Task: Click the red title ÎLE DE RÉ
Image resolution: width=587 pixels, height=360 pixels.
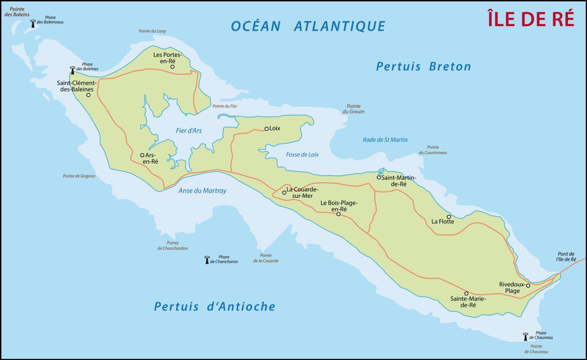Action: (531, 19)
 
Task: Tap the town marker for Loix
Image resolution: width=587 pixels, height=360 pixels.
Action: (267, 129)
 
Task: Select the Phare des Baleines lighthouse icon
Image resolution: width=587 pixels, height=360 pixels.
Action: (73, 70)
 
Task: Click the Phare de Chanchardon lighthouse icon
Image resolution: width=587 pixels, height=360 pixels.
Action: (207, 260)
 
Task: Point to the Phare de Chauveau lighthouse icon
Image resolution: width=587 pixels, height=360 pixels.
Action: (525, 336)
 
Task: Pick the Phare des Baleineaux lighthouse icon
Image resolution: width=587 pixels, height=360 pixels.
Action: (33, 23)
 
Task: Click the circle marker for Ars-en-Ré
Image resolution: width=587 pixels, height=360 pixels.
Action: (142, 155)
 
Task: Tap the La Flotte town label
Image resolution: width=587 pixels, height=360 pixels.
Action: (443, 222)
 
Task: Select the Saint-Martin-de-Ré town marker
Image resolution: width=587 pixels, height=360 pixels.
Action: (379, 177)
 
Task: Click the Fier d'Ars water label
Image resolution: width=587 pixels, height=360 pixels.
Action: (188, 131)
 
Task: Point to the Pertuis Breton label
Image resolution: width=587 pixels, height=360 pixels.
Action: (423, 66)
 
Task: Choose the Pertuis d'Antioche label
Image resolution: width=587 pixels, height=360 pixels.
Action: (214, 306)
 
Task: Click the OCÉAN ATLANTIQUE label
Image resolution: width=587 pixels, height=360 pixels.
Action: (308, 26)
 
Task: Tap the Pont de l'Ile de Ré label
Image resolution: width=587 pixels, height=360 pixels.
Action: (566, 256)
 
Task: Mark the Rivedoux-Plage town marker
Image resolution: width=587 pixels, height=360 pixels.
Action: (528, 285)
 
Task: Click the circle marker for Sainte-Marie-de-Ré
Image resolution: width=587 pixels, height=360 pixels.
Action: (466, 294)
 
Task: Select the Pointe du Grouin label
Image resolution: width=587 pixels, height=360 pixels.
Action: (353, 109)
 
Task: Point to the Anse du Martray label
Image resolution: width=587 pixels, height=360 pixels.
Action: (202, 191)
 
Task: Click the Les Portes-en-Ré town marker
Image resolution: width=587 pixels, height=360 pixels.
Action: (172, 67)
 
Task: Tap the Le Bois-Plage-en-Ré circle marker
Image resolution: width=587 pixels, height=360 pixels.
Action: (339, 214)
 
